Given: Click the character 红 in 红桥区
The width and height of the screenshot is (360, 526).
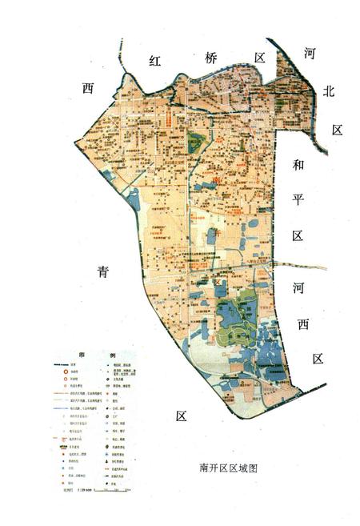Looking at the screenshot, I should click(156, 62).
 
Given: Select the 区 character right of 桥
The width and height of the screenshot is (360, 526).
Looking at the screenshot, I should click(260, 58).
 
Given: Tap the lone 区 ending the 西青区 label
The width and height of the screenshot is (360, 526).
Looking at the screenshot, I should click(181, 416).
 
